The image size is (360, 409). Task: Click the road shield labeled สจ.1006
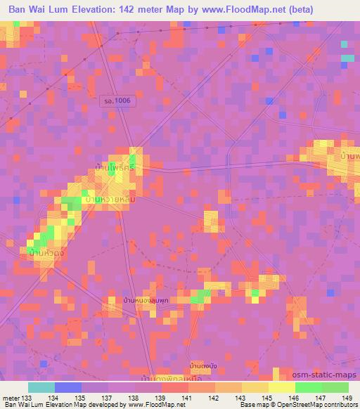pyautogui.click(x=117, y=102)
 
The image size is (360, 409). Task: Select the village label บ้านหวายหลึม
pyautogui.click(x=109, y=200)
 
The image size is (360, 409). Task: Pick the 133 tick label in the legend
pyautogui.click(x=25, y=398)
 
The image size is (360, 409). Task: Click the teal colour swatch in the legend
pyautogui.click(x=41, y=387)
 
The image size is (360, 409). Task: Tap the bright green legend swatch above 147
pyautogui.click(x=308, y=387)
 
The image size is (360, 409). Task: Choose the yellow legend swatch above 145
pyautogui.click(x=255, y=387)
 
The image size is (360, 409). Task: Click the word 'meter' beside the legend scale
pyautogui.click(x=11, y=398)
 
